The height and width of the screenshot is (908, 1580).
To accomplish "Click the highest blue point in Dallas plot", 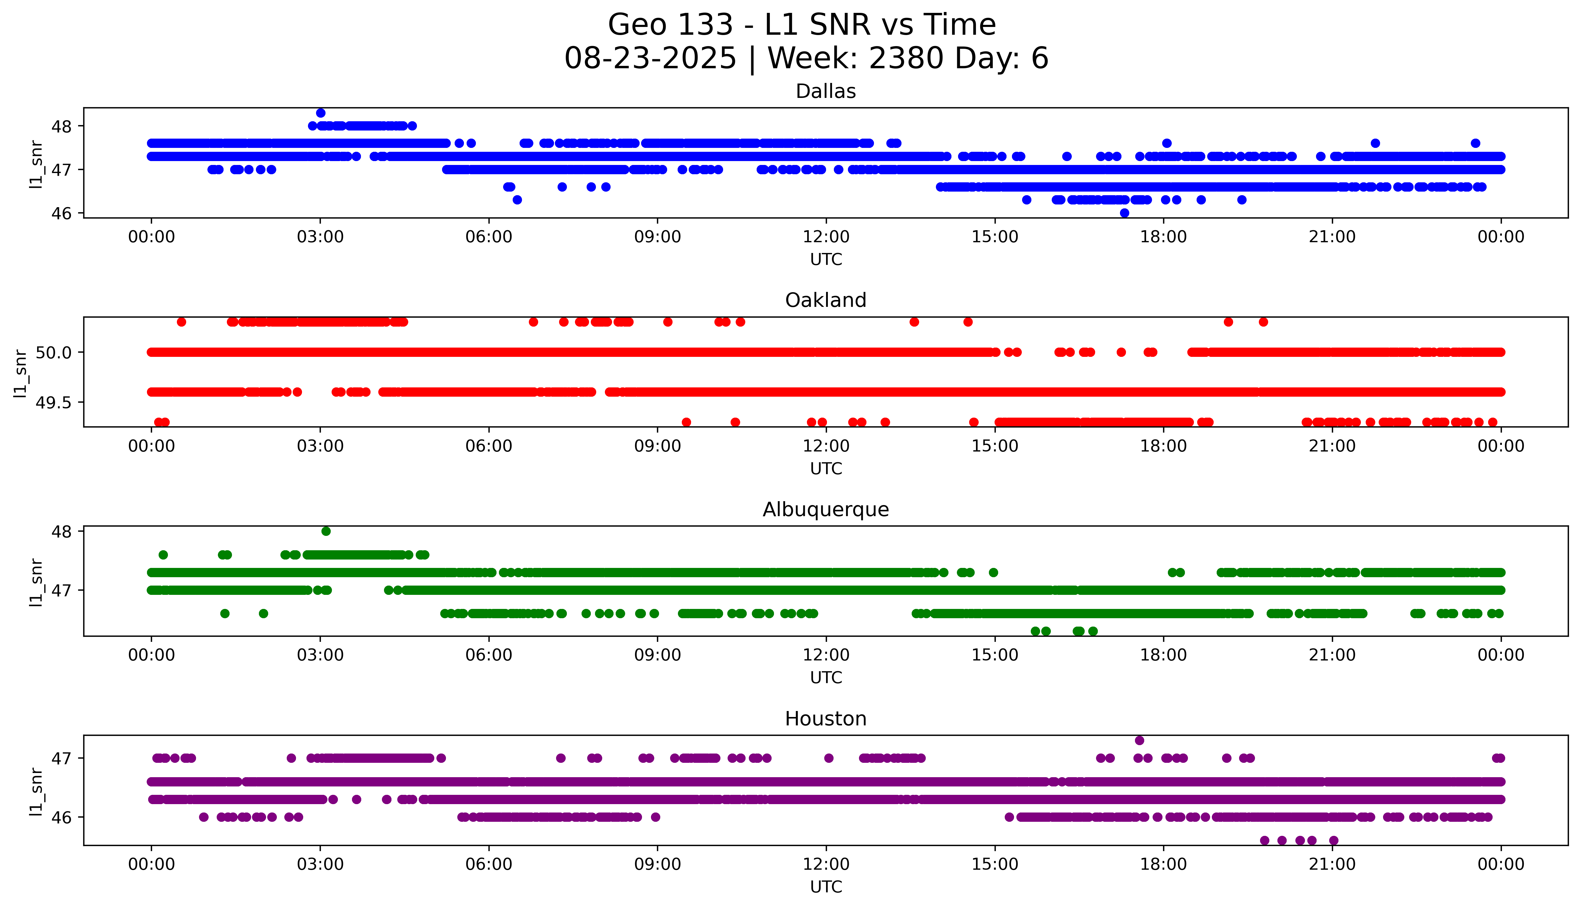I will pos(320,113).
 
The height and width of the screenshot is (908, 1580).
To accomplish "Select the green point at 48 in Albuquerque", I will pos(326,531).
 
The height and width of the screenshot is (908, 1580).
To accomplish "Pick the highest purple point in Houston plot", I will pos(1139,740).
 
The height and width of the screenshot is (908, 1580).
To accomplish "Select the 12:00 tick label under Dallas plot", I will pos(826,237).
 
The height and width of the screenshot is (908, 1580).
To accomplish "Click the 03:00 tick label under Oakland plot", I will pos(320,446).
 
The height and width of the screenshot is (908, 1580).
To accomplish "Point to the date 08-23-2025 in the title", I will pos(650,59).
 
